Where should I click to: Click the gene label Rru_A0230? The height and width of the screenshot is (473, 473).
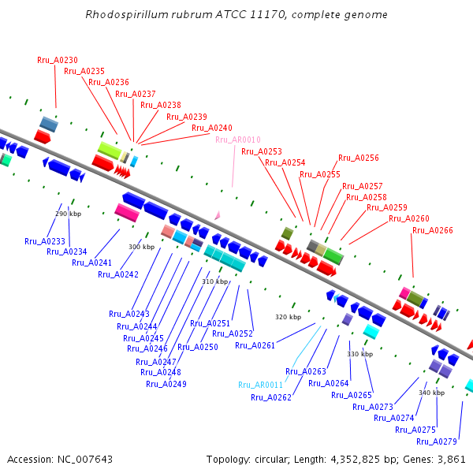coord(58,60)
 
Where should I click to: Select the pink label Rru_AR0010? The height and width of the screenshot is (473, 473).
coord(237,140)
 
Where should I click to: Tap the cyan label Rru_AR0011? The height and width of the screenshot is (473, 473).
coord(260,385)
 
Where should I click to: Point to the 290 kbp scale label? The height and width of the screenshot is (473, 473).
coord(68,214)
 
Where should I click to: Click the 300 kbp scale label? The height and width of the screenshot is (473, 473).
coord(141,247)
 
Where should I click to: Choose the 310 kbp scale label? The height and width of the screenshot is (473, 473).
coord(214,281)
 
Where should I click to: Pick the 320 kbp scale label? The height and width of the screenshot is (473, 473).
coord(288,317)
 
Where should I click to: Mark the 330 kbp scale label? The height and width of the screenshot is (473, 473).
coord(359,354)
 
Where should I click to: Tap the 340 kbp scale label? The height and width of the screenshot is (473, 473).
coord(431,393)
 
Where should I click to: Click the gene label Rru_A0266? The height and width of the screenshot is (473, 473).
coord(433,230)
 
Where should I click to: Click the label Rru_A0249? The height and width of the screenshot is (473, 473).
coord(166,384)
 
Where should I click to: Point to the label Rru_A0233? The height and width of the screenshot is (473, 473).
coord(45,241)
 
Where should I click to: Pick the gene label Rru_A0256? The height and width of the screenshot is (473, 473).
coord(359,158)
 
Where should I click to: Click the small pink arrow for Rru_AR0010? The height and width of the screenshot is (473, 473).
coord(218,214)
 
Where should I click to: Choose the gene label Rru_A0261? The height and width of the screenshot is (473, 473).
coord(255,345)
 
